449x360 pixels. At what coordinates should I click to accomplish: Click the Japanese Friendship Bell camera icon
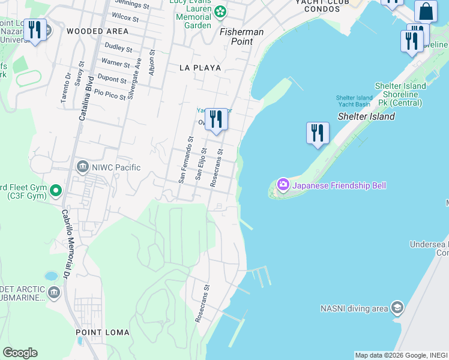(x=283, y=184)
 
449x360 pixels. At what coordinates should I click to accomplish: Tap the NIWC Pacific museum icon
(x=82, y=167)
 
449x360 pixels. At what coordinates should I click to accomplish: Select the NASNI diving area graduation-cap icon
(x=397, y=308)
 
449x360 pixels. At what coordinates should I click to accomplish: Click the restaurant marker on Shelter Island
(x=318, y=133)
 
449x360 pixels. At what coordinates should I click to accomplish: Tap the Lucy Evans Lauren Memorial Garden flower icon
(x=220, y=11)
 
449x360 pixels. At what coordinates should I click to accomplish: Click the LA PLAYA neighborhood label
(x=200, y=68)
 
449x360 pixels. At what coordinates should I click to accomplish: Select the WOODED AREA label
(x=97, y=31)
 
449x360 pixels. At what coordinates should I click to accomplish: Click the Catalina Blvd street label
(x=85, y=98)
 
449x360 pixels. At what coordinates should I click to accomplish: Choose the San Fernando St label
(x=184, y=159)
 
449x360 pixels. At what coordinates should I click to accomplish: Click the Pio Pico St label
(x=110, y=94)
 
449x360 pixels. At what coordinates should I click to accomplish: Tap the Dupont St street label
(x=112, y=79)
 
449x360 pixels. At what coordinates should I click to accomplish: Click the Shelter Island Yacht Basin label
(x=354, y=101)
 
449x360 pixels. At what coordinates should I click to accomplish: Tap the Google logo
(x=20, y=353)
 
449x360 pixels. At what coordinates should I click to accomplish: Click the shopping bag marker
(x=426, y=11)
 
